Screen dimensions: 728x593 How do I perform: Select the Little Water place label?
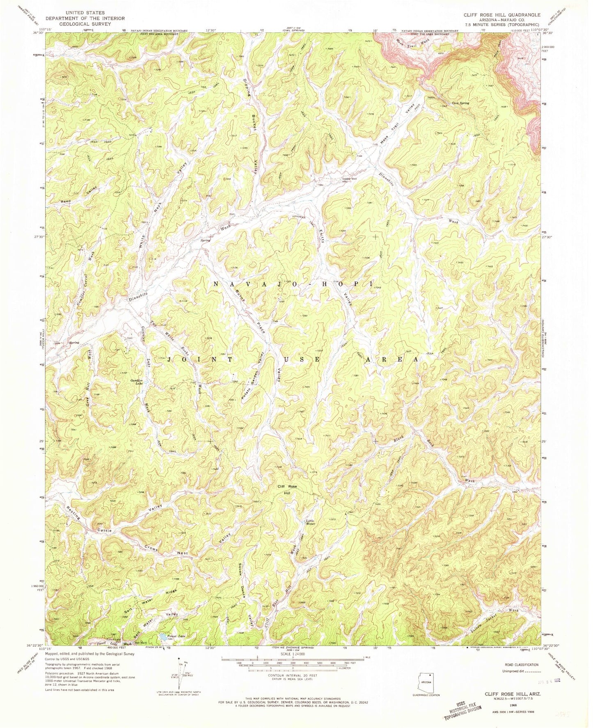310,522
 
